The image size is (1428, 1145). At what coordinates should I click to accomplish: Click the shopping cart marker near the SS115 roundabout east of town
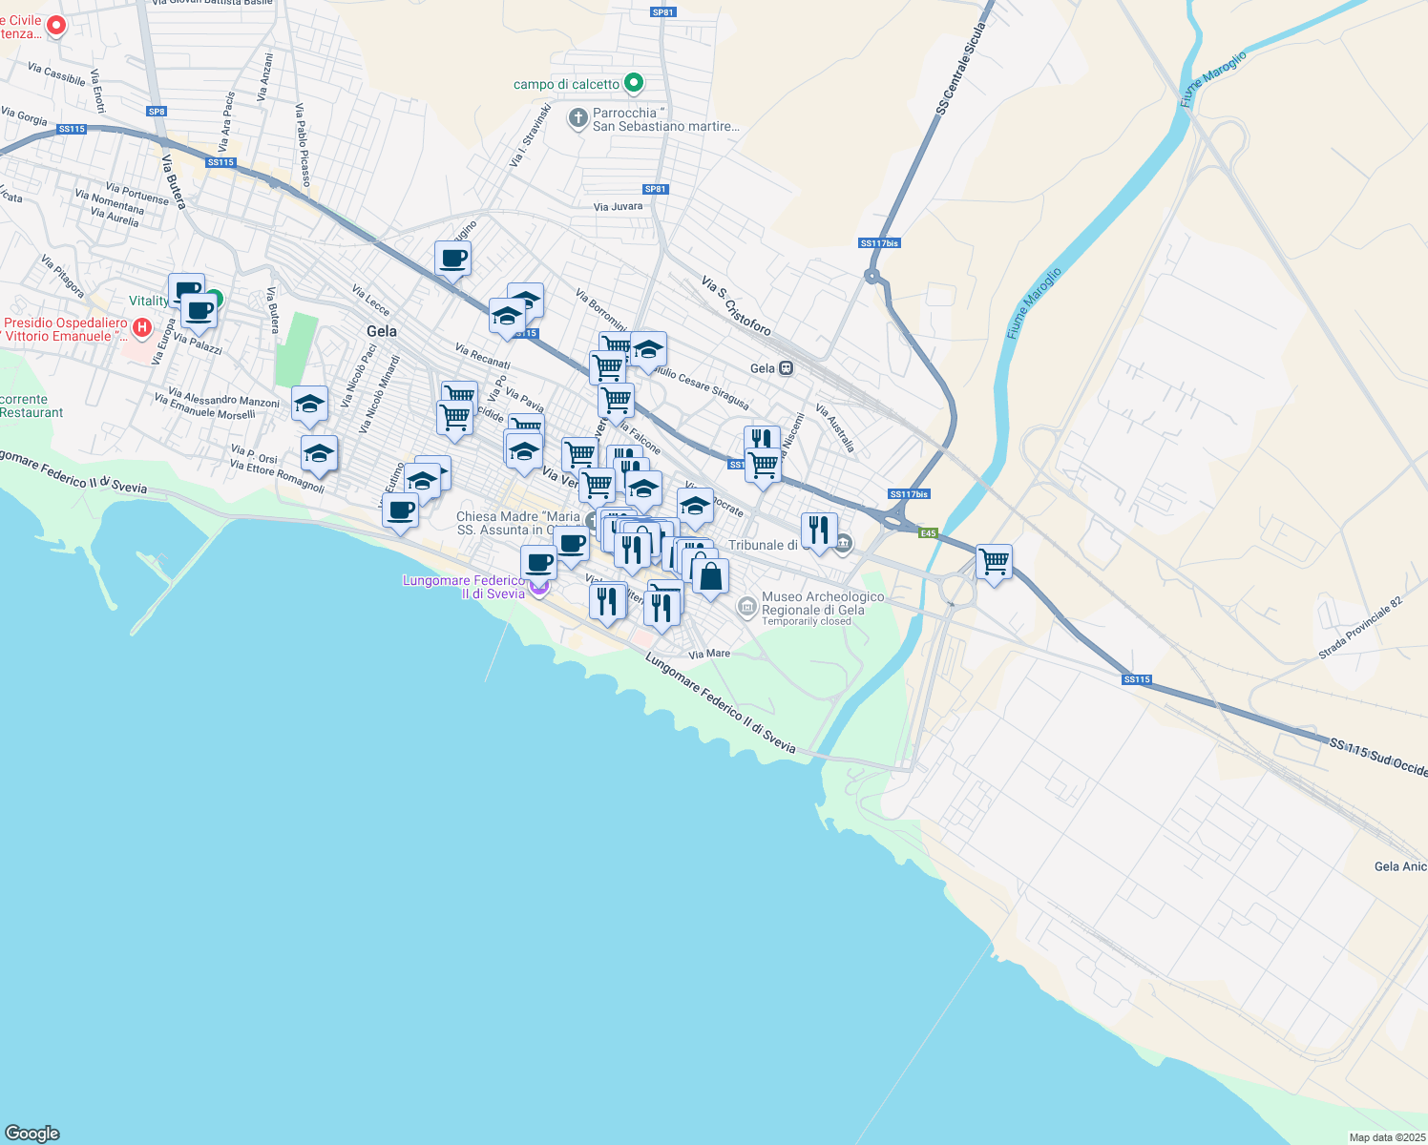point(994,562)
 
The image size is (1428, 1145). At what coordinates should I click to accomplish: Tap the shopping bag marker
point(710,576)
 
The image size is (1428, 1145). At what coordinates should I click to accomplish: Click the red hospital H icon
point(142,328)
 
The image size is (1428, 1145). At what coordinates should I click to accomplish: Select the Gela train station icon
point(786,368)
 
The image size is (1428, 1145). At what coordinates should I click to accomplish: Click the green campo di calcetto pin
point(633,84)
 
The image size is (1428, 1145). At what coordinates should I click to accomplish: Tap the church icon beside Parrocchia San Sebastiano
point(577,118)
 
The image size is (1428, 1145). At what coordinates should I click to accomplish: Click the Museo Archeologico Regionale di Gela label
point(822,604)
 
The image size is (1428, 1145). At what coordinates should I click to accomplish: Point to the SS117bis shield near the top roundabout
point(879,243)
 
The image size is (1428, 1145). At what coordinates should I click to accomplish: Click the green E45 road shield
point(929,533)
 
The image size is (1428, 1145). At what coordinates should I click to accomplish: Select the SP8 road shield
point(157,112)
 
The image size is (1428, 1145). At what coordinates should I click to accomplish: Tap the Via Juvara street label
point(618,206)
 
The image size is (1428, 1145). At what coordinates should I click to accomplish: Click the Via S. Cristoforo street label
point(736,305)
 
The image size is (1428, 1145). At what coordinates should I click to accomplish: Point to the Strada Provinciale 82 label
point(1360,628)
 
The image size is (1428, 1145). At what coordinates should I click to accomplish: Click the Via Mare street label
point(709,654)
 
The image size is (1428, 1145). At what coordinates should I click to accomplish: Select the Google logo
point(31,1133)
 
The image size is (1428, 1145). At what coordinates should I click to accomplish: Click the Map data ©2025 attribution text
point(1385,1137)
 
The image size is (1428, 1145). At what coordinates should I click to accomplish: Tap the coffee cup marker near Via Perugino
point(452,258)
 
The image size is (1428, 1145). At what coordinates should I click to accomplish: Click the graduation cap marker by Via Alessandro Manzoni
point(309,405)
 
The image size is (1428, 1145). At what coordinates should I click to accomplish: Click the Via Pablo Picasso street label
point(302,144)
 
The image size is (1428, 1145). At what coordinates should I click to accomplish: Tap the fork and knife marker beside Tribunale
point(818,530)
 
